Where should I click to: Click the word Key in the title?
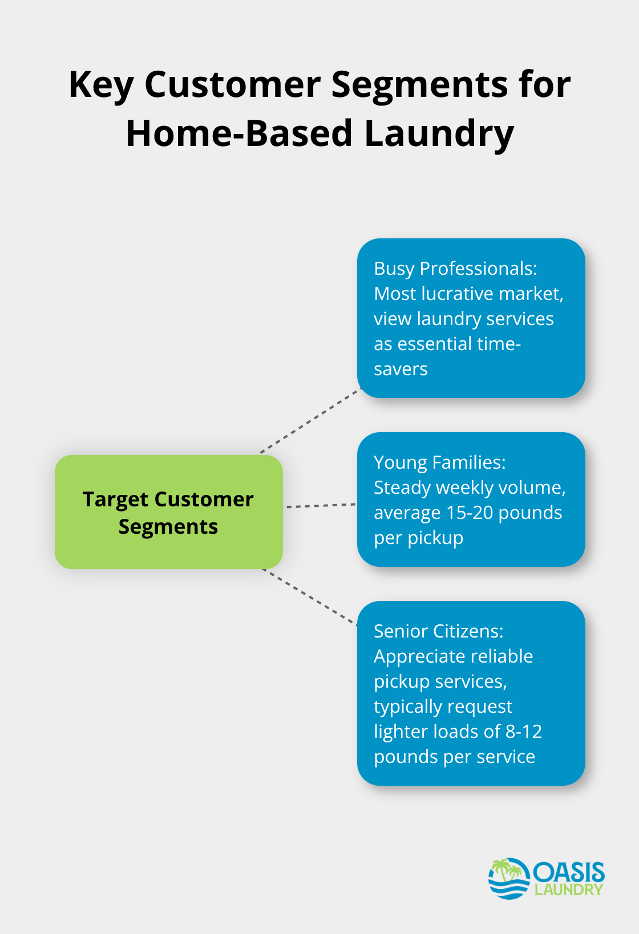(100, 86)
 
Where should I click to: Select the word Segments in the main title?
(419, 86)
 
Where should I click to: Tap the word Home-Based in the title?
(239, 134)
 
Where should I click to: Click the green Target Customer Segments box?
(168, 512)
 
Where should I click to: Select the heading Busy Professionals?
(455, 269)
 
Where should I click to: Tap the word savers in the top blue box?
(401, 369)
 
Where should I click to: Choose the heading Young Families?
(439, 462)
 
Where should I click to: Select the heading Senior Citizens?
(438, 631)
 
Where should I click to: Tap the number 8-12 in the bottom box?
(523, 732)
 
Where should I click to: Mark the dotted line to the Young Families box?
(321, 505)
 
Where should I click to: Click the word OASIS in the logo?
(569, 872)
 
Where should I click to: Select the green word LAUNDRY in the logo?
(569, 890)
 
